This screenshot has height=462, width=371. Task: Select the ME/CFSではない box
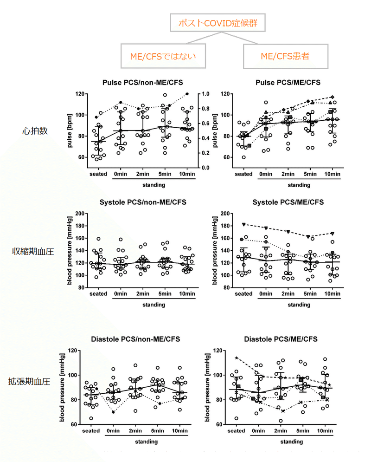(x=162, y=56)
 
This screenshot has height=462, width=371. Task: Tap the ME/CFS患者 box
(x=285, y=56)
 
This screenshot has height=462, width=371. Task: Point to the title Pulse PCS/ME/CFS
(x=288, y=83)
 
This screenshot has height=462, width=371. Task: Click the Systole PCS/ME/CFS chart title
(x=288, y=202)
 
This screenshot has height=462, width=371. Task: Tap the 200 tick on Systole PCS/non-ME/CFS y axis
(x=84, y=214)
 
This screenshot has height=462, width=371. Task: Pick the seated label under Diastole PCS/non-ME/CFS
(x=91, y=431)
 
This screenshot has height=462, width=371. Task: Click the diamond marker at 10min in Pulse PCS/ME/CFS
(x=332, y=97)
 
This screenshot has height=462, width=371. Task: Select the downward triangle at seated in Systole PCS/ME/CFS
(x=243, y=224)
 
